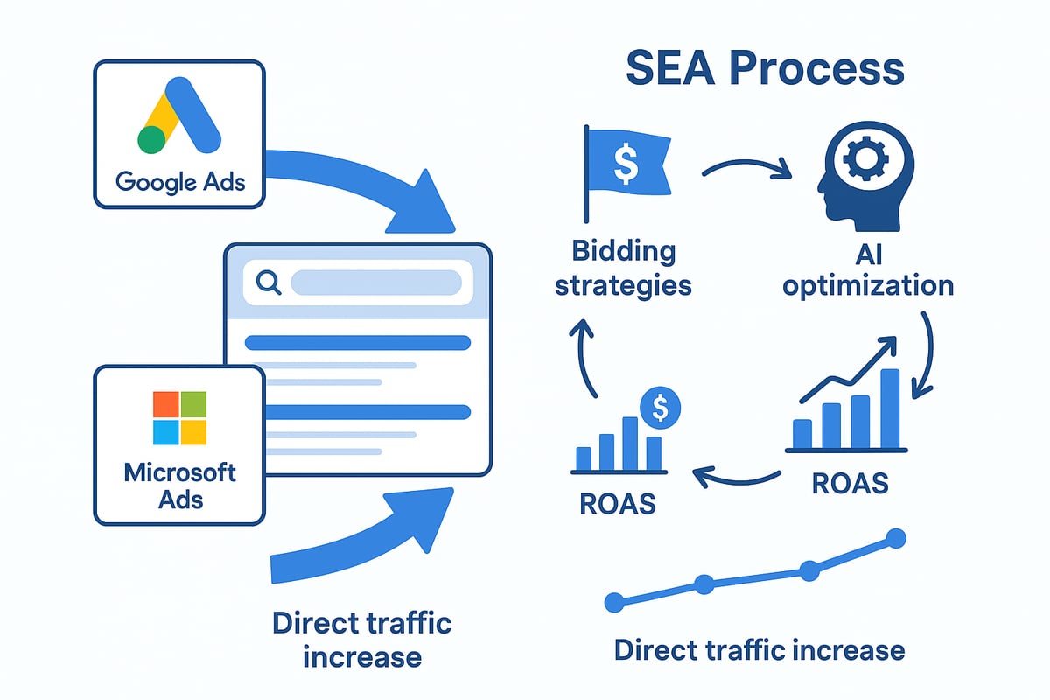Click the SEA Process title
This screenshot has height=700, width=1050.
765,68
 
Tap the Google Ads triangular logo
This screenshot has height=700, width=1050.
179,115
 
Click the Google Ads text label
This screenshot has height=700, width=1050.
180,182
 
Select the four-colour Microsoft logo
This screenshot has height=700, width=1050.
179,417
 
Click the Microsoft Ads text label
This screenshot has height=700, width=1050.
180,486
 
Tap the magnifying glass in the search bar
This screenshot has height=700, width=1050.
269,283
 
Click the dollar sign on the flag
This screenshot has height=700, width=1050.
626,164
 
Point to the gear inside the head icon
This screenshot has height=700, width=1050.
865,158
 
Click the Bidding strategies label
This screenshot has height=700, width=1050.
623,268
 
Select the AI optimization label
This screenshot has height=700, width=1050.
868,271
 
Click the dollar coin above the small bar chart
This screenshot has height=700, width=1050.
660,408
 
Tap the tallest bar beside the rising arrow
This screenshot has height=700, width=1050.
890,409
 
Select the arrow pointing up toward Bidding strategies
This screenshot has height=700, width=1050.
580,356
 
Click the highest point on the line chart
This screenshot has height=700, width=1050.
896,538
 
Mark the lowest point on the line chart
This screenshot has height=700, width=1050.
614,603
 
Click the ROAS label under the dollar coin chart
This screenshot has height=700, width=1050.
618,504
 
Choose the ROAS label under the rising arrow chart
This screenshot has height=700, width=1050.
850,483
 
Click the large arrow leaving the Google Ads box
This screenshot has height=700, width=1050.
356,178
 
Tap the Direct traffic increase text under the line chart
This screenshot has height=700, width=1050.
759,650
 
